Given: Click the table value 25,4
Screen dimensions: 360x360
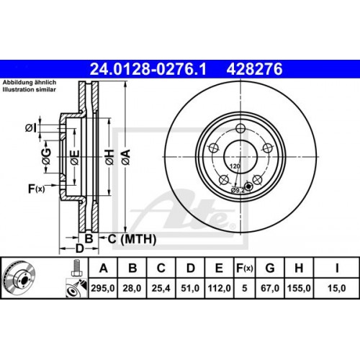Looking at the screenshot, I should point(161,288).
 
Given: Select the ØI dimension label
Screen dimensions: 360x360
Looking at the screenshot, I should point(31,128).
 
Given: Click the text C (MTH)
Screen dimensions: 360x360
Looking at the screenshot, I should point(123,238).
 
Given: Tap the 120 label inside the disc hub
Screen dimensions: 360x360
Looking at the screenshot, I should point(233,166).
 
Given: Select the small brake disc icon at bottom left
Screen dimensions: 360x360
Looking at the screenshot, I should point(20,281).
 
